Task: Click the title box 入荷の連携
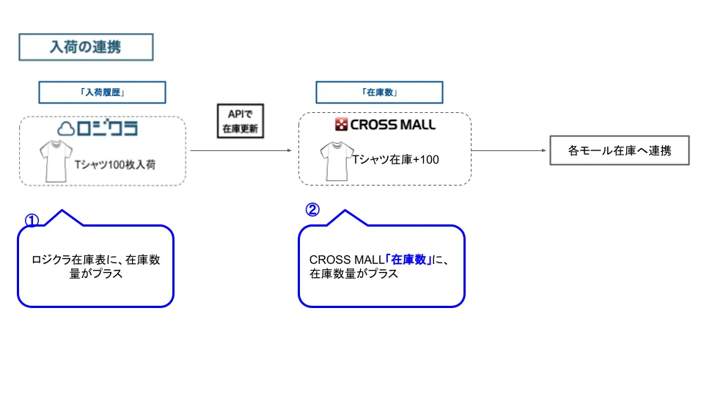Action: pyautogui.click(x=85, y=47)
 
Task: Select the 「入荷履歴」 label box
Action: pyautogui.click(x=102, y=92)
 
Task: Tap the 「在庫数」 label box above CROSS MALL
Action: pyautogui.click(x=379, y=92)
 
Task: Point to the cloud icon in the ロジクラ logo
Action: pyautogui.click(x=67, y=129)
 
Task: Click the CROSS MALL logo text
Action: pyautogui.click(x=392, y=125)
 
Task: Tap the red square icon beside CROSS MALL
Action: pyautogui.click(x=341, y=125)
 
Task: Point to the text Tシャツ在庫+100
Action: pyautogui.click(x=395, y=159)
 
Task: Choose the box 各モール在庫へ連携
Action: pyautogui.click(x=619, y=152)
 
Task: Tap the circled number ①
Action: pyautogui.click(x=32, y=221)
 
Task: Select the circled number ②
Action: pyautogui.click(x=312, y=210)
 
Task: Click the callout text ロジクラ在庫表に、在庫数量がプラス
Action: pyautogui.click(x=95, y=266)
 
